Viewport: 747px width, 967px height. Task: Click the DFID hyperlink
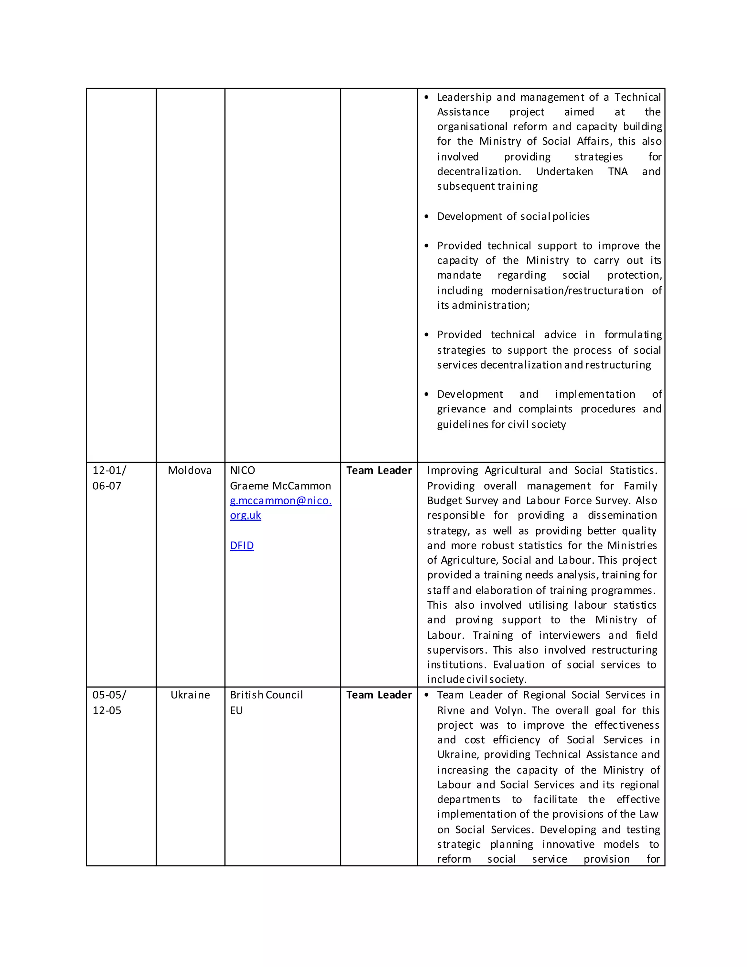click(241, 546)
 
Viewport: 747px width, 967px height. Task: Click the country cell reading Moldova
click(189, 470)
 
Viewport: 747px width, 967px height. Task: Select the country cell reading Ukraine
click(190, 695)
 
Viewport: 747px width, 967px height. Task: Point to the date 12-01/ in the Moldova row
click(109, 470)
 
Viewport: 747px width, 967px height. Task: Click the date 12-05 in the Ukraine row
click(107, 710)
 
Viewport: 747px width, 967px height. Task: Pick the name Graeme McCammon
click(280, 486)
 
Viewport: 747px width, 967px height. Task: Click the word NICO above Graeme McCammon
click(243, 470)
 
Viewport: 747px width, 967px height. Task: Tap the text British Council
click(266, 695)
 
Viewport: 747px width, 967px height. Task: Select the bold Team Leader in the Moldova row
click(379, 470)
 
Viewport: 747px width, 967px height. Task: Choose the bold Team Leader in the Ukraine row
click(379, 695)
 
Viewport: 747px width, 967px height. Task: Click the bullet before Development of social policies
click(427, 216)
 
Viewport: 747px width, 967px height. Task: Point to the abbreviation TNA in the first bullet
click(618, 172)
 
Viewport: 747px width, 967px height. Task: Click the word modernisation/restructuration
click(567, 290)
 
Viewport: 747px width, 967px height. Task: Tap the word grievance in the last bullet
click(461, 409)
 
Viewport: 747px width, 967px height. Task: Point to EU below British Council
click(236, 710)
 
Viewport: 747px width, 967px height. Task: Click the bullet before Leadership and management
click(427, 97)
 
